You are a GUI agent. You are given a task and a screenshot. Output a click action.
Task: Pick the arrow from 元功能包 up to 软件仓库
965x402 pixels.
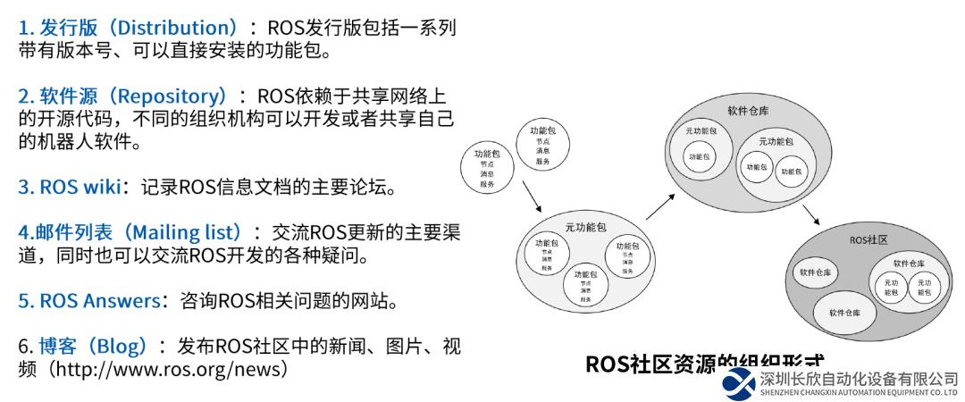pos(658,203)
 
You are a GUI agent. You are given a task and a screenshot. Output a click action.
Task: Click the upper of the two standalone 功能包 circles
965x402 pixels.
pos(542,146)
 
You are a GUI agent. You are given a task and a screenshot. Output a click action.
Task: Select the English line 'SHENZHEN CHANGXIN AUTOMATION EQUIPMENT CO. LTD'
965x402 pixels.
pos(858,392)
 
